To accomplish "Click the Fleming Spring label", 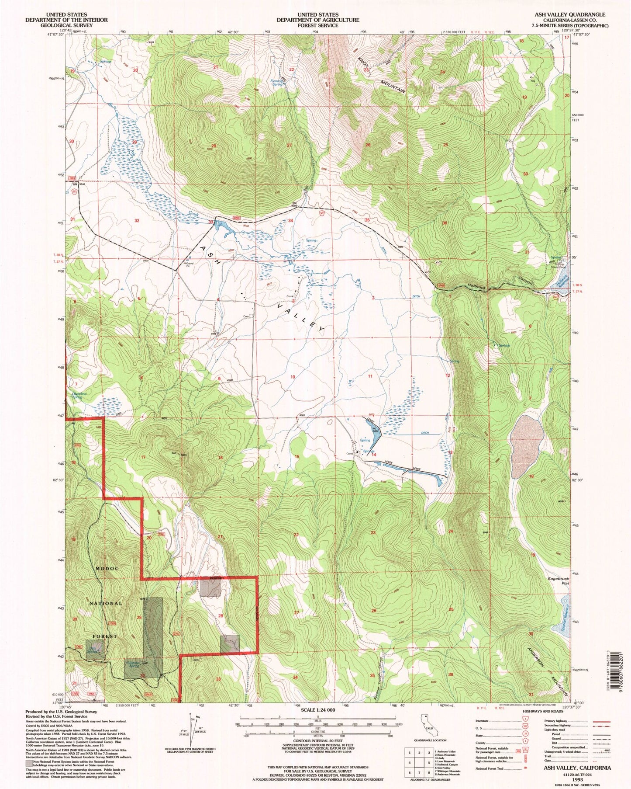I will (x=277, y=82).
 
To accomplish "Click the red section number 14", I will (x=374, y=455).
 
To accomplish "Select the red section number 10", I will (x=293, y=377).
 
